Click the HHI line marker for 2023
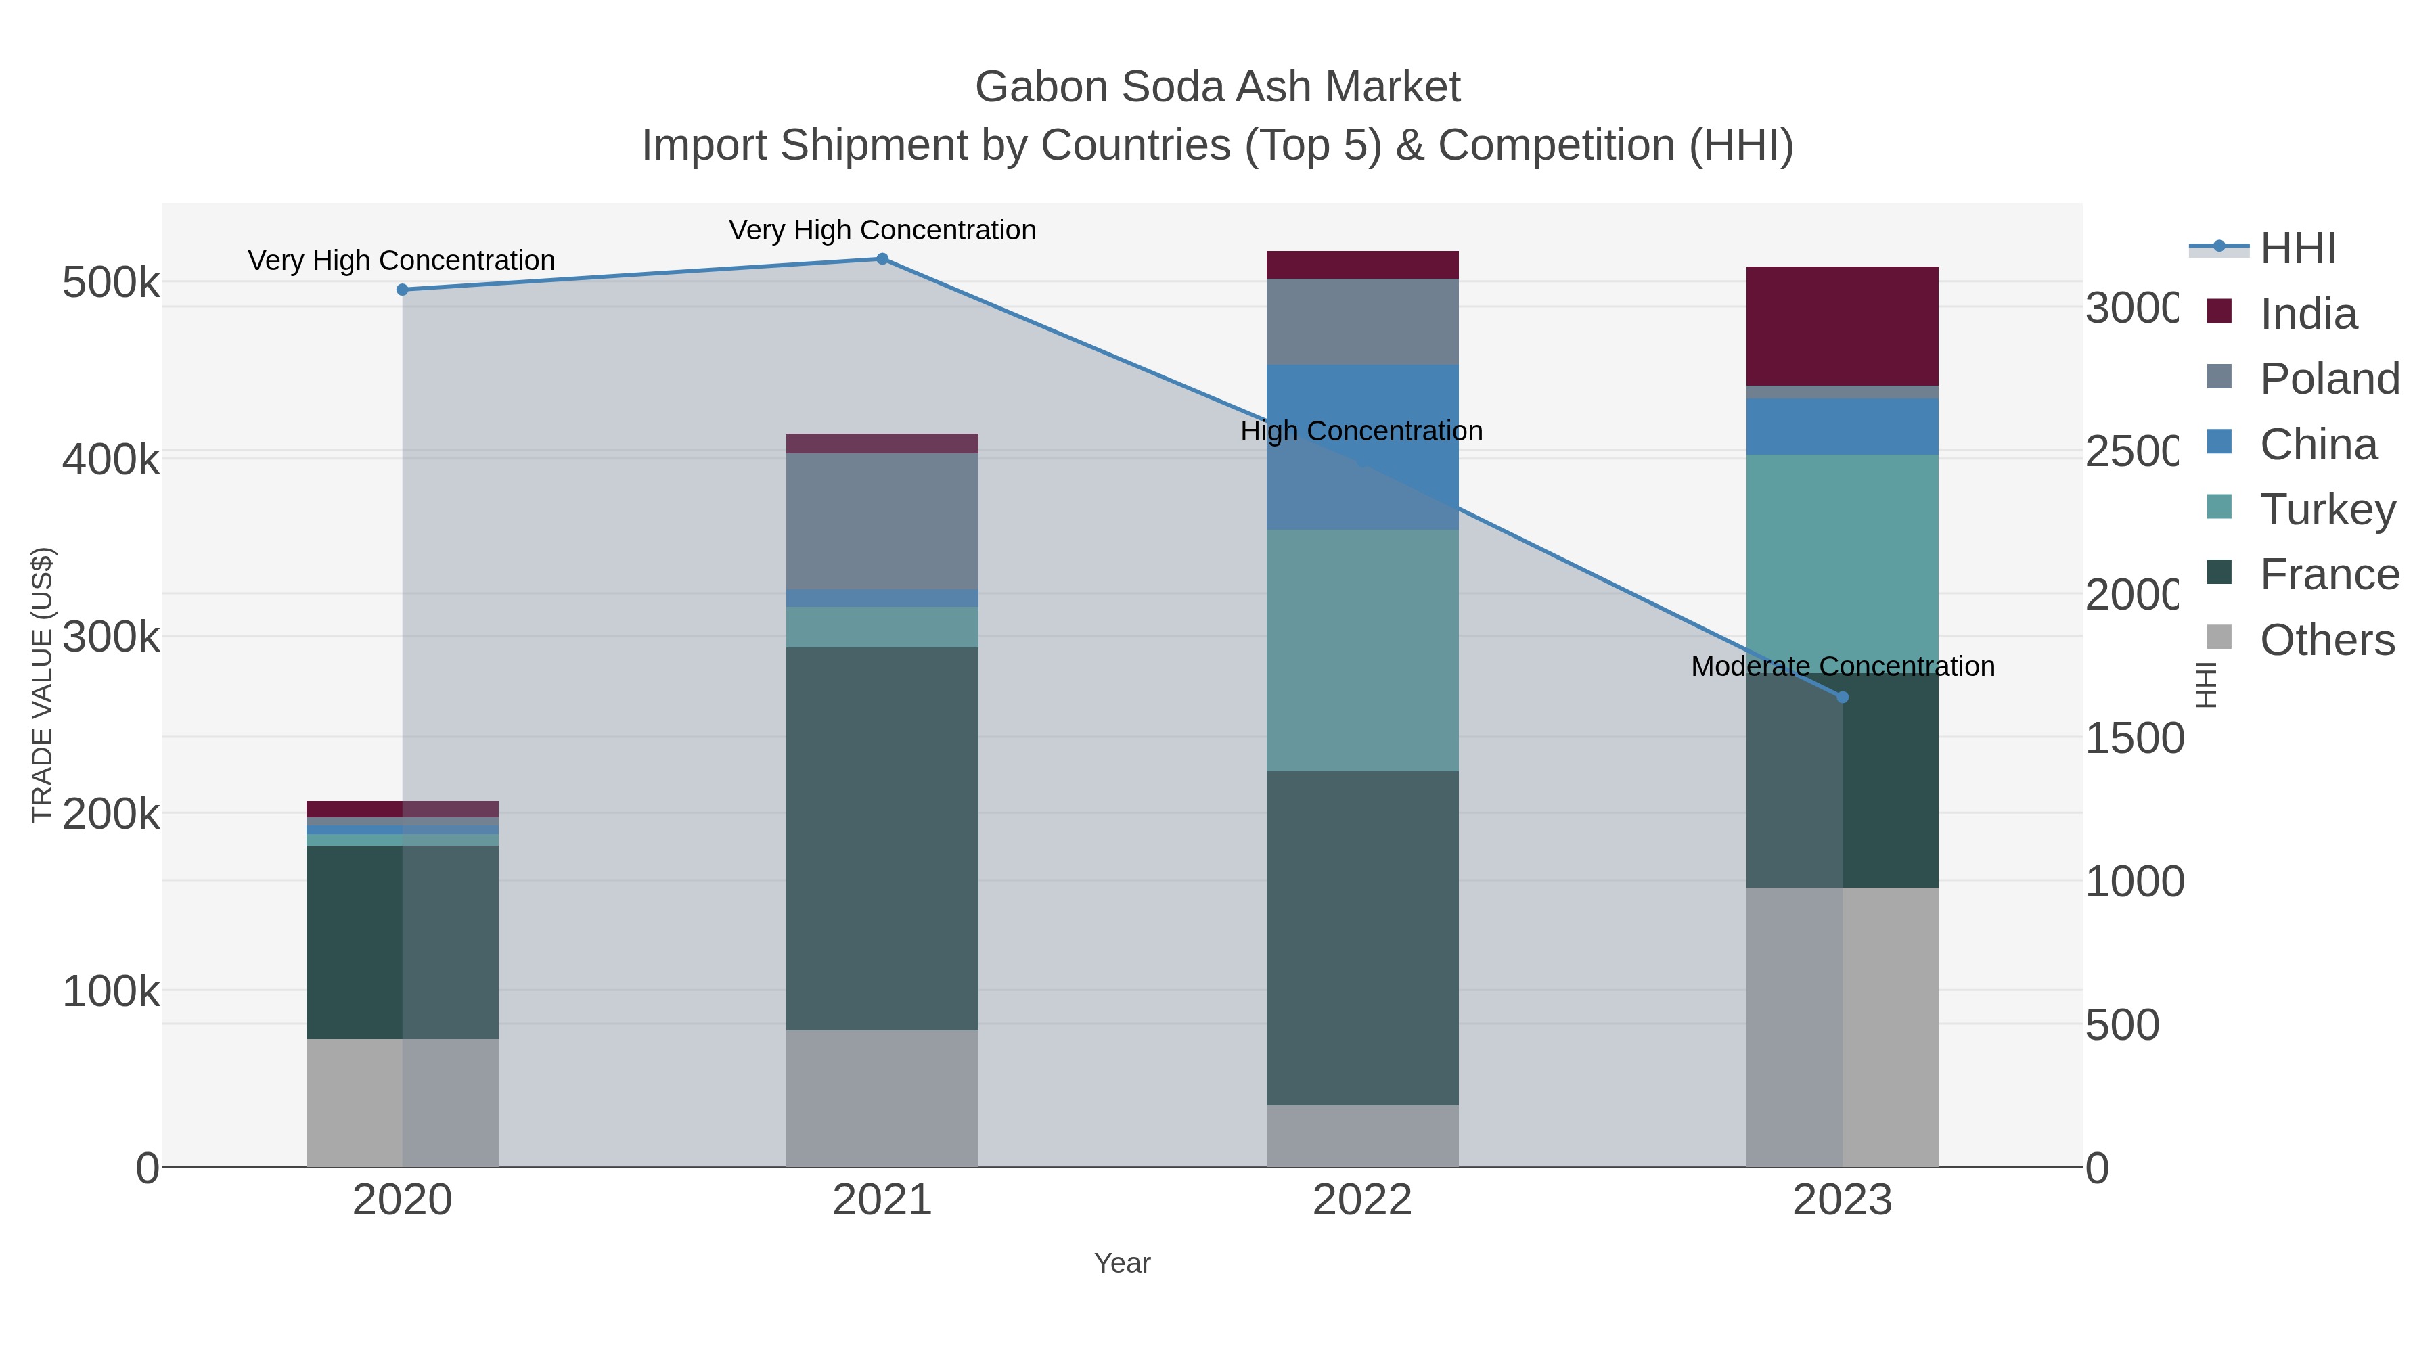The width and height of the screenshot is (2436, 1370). pos(1842,698)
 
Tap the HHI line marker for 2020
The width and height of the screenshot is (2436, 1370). pos(402,290)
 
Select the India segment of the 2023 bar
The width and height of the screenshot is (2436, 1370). pos(1842,326)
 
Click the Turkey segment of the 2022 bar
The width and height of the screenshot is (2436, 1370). pos(1361,650)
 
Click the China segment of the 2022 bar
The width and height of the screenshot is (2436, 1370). pos(1361,397)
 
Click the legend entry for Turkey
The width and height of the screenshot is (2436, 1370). pos(2326,509)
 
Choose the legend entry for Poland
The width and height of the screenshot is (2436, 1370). pos(2328,379)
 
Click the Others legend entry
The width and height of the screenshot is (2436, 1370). pos(2326,640)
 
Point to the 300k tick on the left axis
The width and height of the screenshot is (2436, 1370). pos(111,637)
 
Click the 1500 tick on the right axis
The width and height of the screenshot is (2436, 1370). pos(2134,739)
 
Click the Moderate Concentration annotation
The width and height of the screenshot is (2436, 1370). pos(1842,666)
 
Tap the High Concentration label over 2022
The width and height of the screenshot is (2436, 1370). pos(1361,431)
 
